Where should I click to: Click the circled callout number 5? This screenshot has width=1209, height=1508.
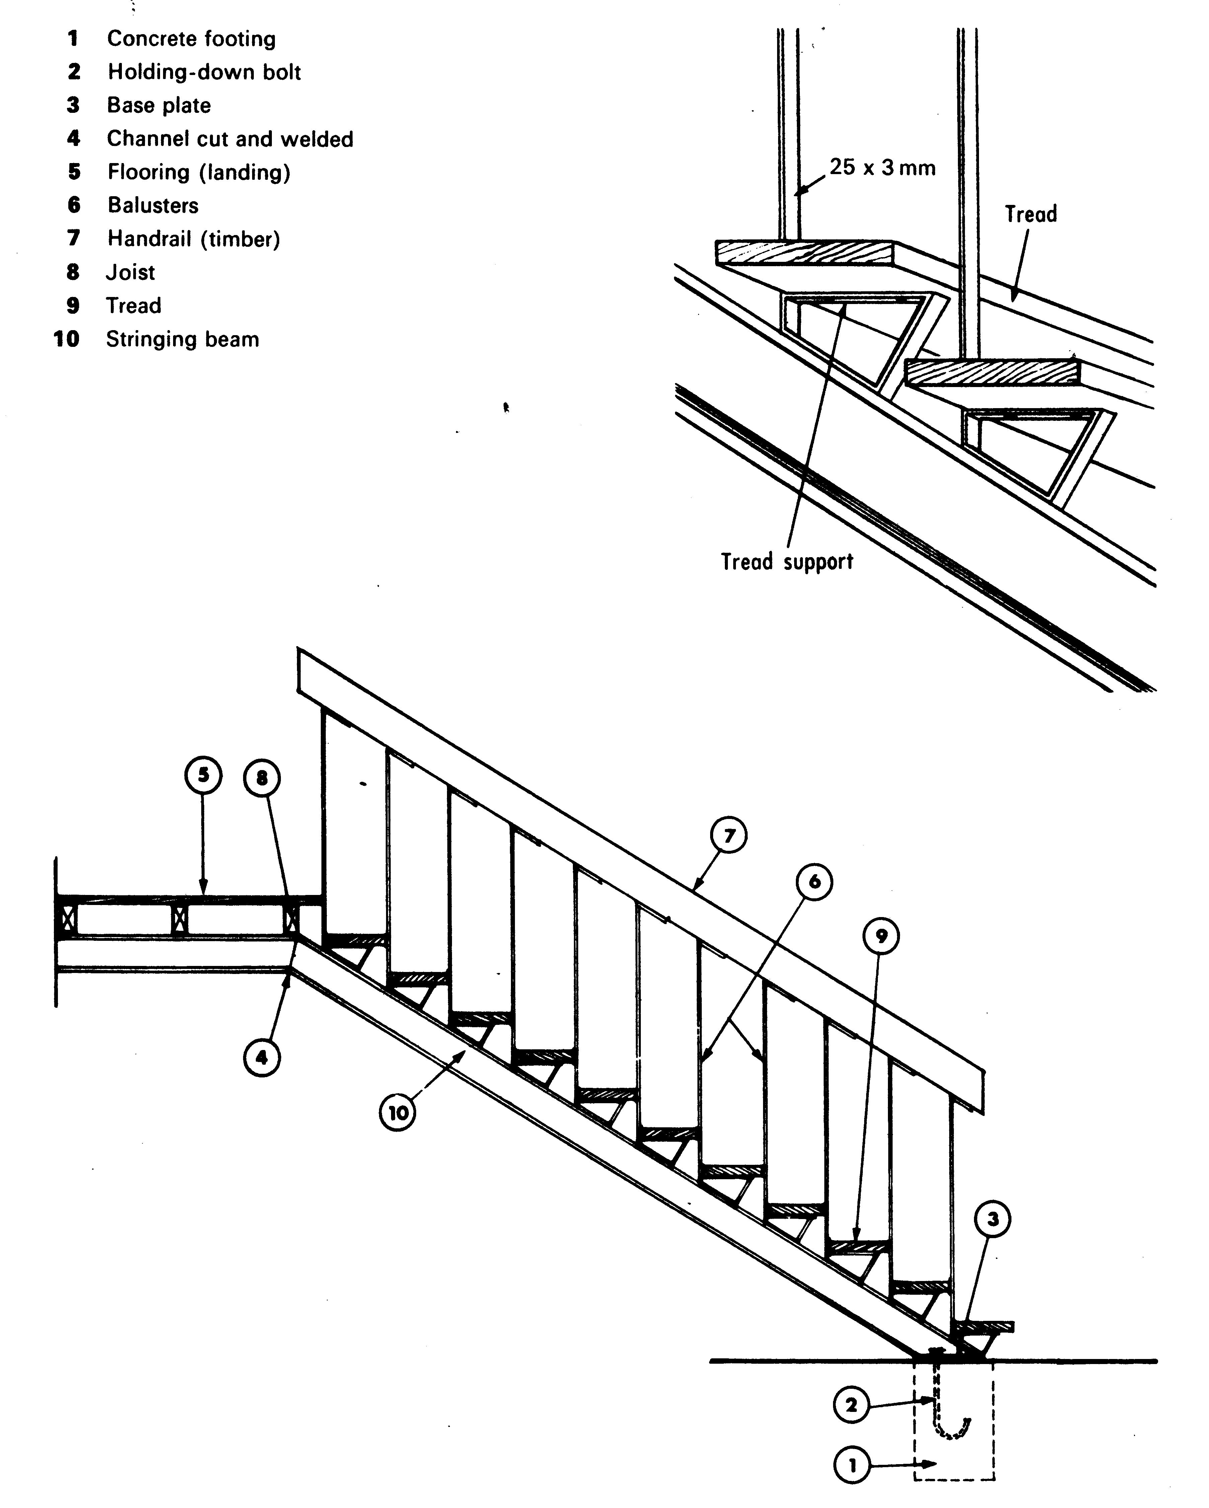tap(203, 776)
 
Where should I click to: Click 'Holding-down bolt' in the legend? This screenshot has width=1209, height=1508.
tap(204, 72)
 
